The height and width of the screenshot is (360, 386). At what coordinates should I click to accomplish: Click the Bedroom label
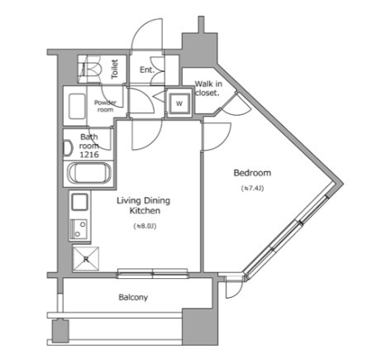(x=252, y=173)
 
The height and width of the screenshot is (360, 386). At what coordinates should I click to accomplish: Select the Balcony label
(x=133, y=296)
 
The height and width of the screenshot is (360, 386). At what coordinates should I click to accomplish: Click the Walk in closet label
(x=206, y=88)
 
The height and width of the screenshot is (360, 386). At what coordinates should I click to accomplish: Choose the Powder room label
(x=104, y=106)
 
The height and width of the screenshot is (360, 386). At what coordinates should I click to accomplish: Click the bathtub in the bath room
(x=88, y=175)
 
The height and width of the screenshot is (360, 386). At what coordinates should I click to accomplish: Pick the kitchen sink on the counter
(x=79, y=227)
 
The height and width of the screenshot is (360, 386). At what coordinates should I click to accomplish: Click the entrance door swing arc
(x=150, y=41)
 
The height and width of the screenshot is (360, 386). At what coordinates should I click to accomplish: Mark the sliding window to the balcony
(x=153, y=273)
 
